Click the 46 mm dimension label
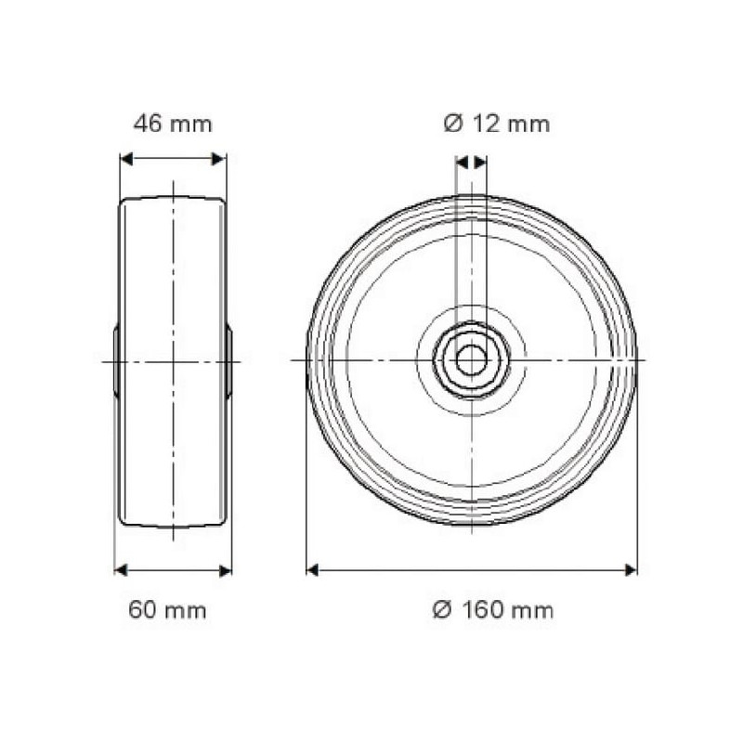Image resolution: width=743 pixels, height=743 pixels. pyautogui.click(x=173, y=124)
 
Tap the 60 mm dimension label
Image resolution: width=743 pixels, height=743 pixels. pyautogui.click(x=167, y=610)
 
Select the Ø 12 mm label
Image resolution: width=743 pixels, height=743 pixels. pyautogui.click(x=497, y=124)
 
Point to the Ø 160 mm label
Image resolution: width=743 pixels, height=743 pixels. pyautogui.click(x=493, y=610)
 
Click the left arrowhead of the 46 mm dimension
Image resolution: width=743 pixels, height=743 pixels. pyautogui.click(x=126, y=159)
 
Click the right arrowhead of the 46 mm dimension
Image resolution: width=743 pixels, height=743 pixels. pyautogui.click(x=218, y=159)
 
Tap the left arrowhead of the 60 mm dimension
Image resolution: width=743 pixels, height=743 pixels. pyautogui.click(x=121, y=570)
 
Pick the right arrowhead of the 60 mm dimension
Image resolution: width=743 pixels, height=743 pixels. pyautogui.click(x=226, y=570)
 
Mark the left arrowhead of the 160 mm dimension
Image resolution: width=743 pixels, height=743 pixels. pyautogui.click(x=312, y=570)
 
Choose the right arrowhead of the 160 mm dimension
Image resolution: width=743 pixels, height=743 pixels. pyautogui.click(x=631, y=570)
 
